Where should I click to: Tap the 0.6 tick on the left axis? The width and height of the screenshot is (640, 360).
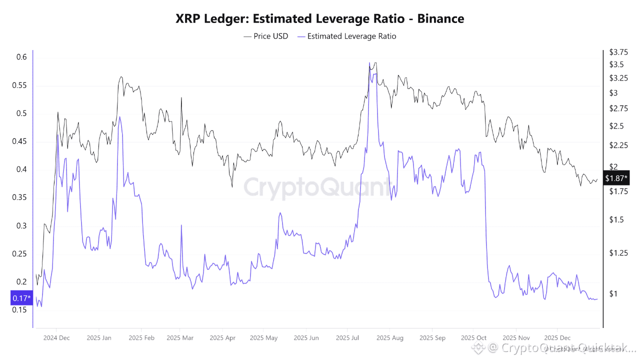tap(21, 57)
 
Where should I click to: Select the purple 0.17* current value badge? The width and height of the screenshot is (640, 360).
tap(21, 299)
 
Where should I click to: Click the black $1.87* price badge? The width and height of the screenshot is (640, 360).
tap(616, 178)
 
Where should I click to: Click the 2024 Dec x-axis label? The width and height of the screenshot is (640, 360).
tap(56, 337)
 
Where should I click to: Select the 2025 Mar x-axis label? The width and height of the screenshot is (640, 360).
tap(179, 337)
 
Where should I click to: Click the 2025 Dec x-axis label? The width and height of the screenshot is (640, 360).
tap(557, 337)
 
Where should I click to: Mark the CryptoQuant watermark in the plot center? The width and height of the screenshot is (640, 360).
tap(317, 187)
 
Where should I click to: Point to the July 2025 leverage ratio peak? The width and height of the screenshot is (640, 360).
tap(369, 63)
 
